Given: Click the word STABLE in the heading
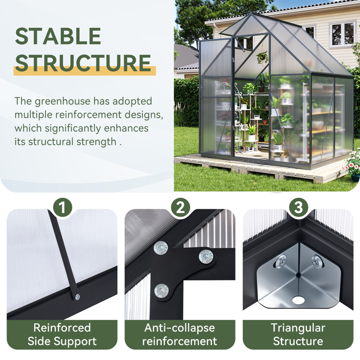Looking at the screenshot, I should [58, 36].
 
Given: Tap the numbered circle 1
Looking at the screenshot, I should [63, 207].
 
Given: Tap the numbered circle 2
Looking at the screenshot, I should [180, 207].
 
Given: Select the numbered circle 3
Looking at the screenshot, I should [298, 207].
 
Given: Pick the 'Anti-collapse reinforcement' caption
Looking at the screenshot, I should [180, 334].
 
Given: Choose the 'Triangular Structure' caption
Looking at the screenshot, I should [298, 334].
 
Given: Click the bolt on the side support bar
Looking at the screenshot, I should [77, 297].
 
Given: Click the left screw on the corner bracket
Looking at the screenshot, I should [282, 261].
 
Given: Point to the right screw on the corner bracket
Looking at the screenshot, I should [315, 260].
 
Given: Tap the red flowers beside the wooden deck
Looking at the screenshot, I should [353, 162].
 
